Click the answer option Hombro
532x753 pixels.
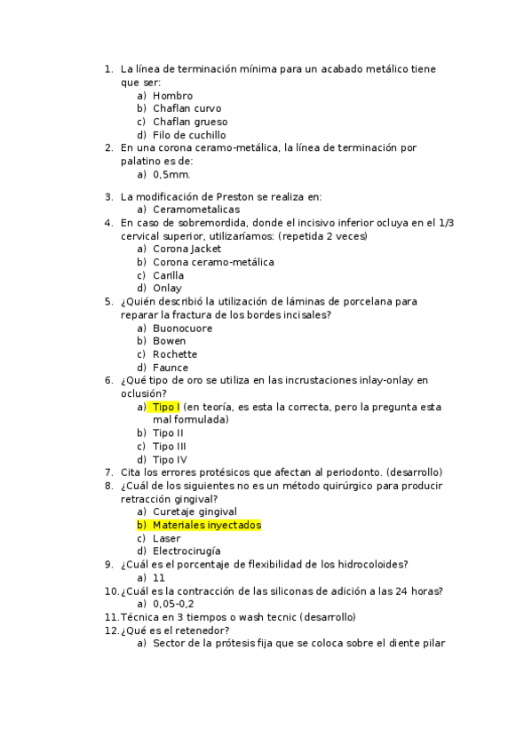coord(172,96)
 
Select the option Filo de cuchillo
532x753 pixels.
coord(188,135)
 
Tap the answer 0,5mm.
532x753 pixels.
coord(171,175)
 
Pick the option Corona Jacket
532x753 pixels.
coord(187,250)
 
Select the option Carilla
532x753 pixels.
coord(169,275)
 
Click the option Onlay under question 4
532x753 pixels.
coord(167,288)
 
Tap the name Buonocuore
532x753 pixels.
coord(182,328)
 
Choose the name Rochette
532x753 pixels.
coord(175,354)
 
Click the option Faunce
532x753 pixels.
coord(171,367)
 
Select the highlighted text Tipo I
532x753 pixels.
coord(165,407)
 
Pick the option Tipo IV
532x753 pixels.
coord(170,459)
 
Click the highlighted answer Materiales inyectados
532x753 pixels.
coord(206,525)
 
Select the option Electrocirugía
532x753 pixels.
coord(187,551)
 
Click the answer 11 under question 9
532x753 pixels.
coord(158,577)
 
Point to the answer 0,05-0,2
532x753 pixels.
coord(173,604)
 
